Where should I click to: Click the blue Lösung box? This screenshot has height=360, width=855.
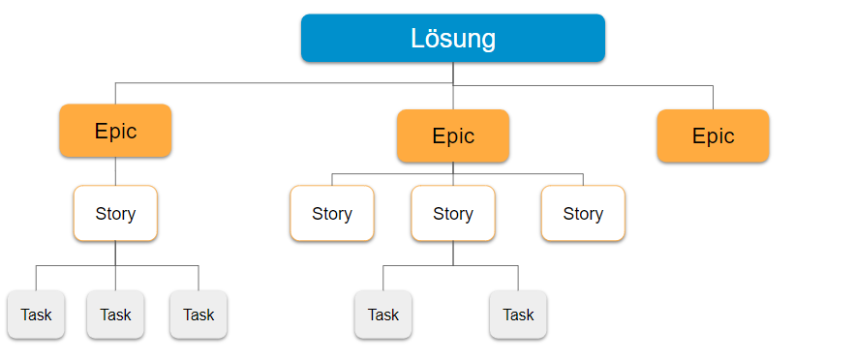(x=452, y=39)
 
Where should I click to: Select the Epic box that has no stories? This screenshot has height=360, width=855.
(x=713, y=135)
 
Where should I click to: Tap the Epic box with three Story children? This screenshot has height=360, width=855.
(x=452, y=135)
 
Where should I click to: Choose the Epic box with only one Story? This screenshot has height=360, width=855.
(x=115, y=131)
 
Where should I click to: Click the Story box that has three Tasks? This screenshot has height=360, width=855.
(x=115, y=213)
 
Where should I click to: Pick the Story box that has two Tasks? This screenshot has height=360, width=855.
(x=452, y=213)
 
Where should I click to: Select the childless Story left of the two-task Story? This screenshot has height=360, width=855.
(x=331, y=213)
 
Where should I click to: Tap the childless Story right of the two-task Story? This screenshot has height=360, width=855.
(x=583, y=213)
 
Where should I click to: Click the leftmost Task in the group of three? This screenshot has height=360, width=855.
(x=36, y=315)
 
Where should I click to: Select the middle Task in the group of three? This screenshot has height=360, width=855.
(x=115, y=315)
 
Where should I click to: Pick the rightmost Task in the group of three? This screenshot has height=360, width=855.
(x=198, y=315)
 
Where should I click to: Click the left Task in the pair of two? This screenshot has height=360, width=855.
(x=382, y=315)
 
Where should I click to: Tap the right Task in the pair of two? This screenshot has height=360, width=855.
(x=518, y=315)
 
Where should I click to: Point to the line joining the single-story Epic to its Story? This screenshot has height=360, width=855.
(x=115, y=171)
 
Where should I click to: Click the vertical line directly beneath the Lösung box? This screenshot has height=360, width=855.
(x=453, y=73)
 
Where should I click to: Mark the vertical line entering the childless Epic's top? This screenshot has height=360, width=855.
(x=713, y=97)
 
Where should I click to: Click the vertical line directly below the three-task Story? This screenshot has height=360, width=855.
(x=115, y=253)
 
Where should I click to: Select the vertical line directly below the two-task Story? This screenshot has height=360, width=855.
(x=452, y=253)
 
